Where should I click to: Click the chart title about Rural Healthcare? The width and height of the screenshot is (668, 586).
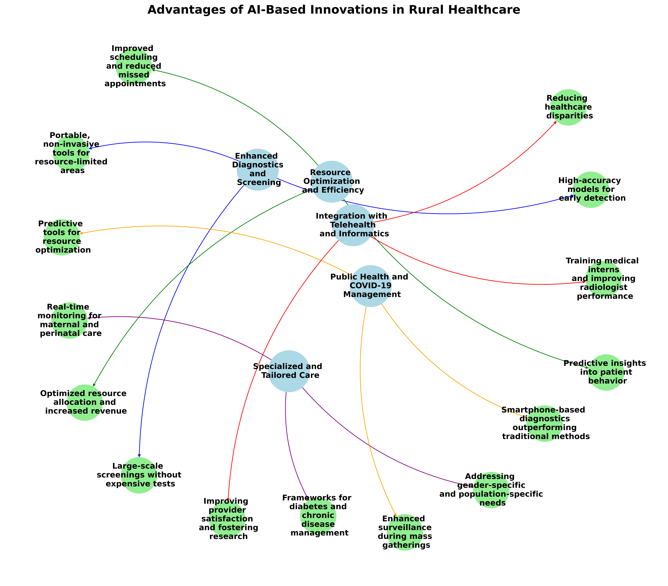(x=334, y=10)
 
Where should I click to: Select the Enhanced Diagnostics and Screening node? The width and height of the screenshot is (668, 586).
(x=258, y=169)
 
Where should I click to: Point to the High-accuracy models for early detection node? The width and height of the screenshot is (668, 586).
(x=591, y=189)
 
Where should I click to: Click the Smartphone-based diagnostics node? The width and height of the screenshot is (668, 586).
(x=544, y=423)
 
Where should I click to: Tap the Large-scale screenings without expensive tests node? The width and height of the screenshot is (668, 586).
(x=139, y=475)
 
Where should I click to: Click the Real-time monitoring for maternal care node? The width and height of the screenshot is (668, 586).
(x=69, y=320)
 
